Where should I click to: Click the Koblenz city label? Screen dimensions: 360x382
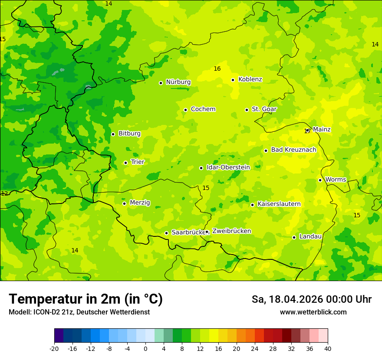(250, 79)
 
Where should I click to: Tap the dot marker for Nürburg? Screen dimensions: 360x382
(161, 83)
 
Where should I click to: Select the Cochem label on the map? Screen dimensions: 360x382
(203, 109)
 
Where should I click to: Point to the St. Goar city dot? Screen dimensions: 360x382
(247, 110)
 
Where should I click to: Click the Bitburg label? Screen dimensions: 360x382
(129, 134)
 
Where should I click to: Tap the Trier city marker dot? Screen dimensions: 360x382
(125, 163)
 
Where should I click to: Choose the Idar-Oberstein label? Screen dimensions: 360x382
(228, 167)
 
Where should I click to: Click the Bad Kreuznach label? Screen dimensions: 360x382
(293, 150)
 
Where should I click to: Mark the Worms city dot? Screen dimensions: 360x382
(320, 180)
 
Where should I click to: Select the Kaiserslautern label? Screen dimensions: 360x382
(279, 204)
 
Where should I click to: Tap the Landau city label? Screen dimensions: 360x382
(310, 236)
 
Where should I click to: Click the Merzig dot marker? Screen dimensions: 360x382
(124, 203)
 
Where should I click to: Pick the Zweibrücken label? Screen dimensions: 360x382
(231, 231)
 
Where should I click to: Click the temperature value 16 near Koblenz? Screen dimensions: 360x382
(217, 69)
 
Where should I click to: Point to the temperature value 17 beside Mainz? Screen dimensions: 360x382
(307, 131)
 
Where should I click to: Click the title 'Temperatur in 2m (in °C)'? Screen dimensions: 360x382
(86, 299)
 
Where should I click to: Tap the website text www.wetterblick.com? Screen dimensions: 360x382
(313, 312)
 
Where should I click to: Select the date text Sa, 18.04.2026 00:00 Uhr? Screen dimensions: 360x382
(311, 299)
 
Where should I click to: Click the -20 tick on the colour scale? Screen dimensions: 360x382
(54, 348)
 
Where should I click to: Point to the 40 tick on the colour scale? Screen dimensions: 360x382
(328, 348)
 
